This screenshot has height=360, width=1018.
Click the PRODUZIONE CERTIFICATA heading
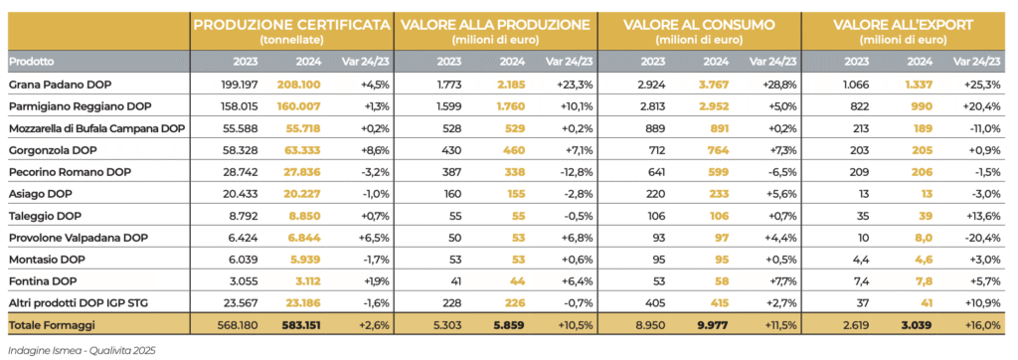point(292,25)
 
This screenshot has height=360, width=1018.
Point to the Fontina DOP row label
point(42,279)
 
